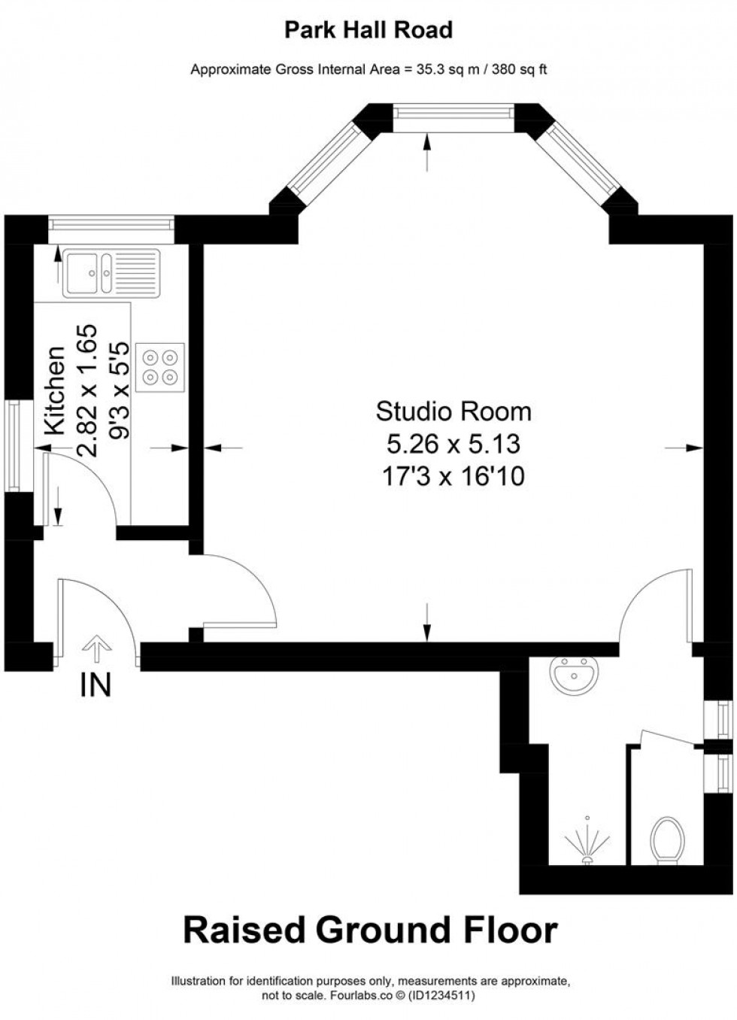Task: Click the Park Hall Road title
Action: (368, 31)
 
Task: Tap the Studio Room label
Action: (453, 411)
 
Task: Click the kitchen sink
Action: (112, 273)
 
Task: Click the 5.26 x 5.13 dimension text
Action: (453, 444)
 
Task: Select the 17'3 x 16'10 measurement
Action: (453, 477)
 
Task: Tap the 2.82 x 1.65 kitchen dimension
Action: (87, 390)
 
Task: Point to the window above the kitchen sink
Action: (111, 224)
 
